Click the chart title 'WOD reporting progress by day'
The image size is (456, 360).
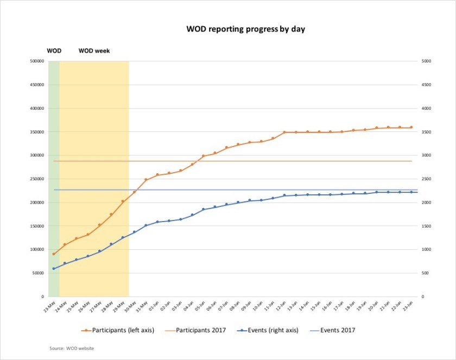245,29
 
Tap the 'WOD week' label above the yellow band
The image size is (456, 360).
94,51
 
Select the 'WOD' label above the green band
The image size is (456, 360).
54,51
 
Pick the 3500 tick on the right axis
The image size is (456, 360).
426,132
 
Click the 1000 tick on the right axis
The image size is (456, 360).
426,250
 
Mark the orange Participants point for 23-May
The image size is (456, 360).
53,254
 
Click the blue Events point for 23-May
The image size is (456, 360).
53,269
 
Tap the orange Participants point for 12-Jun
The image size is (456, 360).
284,132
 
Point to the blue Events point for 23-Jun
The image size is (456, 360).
411,192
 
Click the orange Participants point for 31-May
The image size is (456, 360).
145,180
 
